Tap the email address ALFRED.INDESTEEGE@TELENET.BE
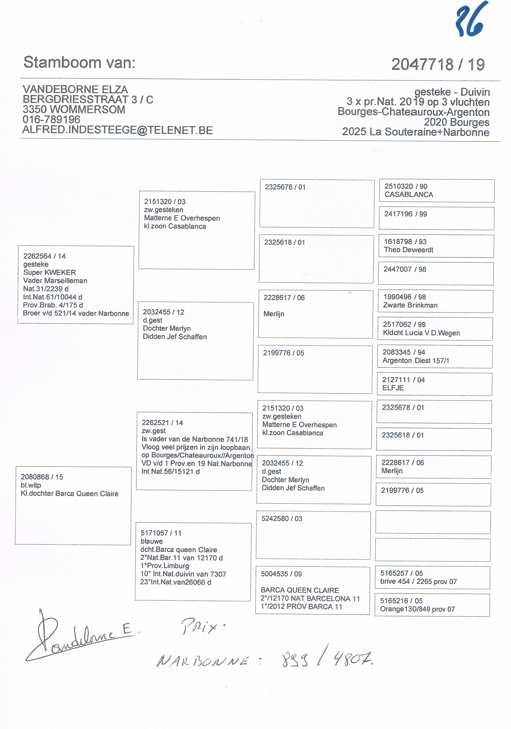click(x=118, y=130)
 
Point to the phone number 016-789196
click(x=51, y=120)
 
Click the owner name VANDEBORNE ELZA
click(x=75, y=90)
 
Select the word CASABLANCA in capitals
click(x=409, y=195)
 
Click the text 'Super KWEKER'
click(x=49, y=272)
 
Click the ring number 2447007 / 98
click(x=405, y=269)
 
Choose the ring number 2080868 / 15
click(x=42, y=477)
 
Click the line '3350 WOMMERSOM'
click(x=74, y=109)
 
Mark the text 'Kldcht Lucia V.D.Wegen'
click(x=421, y=333)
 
